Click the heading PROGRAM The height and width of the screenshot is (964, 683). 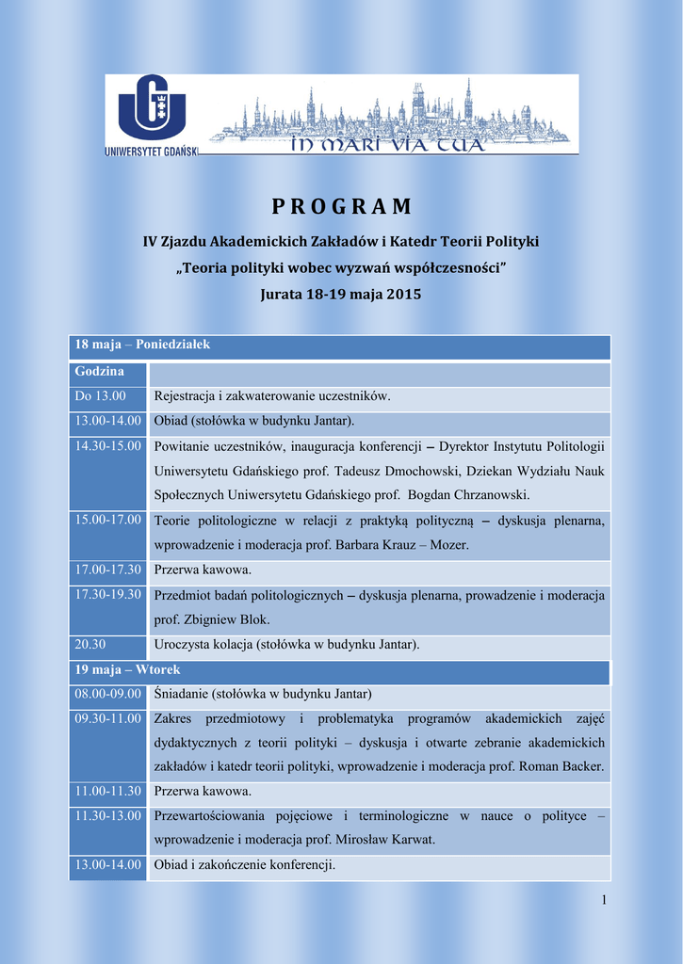pos(341,206)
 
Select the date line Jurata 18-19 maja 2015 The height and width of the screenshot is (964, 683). pos(341,294)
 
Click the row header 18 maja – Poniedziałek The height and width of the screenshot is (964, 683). pos(142,345)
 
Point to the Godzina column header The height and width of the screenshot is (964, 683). pos(100,372)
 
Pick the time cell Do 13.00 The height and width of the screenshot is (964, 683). pos(101,396)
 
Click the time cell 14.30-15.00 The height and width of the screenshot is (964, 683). pos(108,445)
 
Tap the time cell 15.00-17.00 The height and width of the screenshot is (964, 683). pos(108,520)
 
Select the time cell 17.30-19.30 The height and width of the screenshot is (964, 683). pos(108,594)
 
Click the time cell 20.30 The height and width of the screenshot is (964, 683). pos(91,644)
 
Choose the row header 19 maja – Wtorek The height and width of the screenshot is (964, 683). pos(127,669)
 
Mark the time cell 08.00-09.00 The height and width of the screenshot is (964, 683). pos(108,694)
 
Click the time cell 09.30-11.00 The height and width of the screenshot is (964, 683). pos(108,718)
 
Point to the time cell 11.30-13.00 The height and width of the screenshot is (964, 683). pos(108,815)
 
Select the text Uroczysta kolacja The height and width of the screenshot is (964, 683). pos(200,645)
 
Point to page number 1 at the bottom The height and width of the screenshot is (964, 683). pos(604,902)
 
